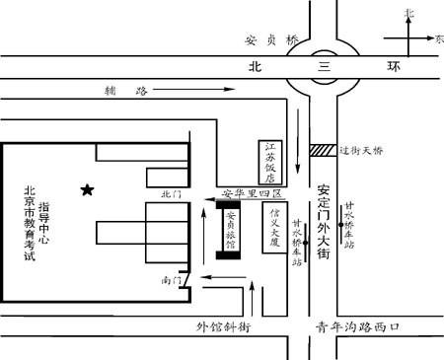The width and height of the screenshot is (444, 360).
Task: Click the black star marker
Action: pos(88,188)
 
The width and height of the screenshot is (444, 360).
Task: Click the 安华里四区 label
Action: pos(251,192)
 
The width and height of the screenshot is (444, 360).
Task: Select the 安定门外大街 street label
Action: pos(324,221)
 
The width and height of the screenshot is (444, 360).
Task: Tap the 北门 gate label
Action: pos(172,195)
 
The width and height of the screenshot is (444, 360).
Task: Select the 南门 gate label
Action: pos(171,281)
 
